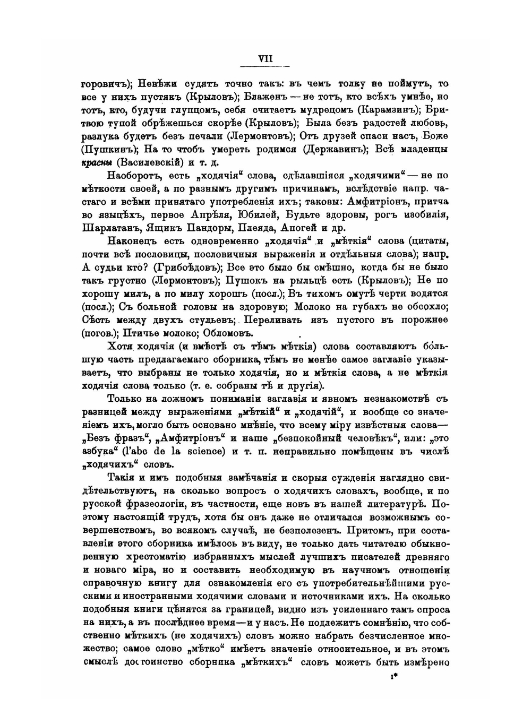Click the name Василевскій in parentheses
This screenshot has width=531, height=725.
coord(150,162)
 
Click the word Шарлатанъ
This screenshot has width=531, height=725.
coord(109,228)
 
